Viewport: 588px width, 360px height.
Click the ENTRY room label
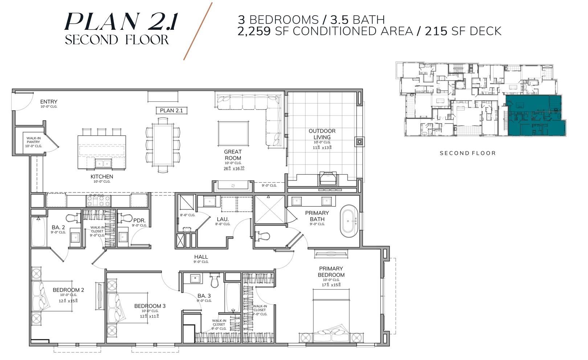49,102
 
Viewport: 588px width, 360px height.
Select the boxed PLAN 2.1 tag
171,110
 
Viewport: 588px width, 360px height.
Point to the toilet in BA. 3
215,280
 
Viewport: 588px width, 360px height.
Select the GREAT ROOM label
233,155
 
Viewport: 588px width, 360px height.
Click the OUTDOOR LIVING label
322,134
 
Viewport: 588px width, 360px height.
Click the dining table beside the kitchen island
162,145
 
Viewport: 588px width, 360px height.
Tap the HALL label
201,257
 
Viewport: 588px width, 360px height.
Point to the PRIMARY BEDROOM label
331,272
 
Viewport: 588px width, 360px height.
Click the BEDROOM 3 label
150,306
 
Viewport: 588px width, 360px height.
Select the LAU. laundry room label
222,219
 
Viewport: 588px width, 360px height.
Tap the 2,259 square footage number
254,31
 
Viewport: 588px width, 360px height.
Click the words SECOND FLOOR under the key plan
467,153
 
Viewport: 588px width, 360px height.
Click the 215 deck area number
436,31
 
